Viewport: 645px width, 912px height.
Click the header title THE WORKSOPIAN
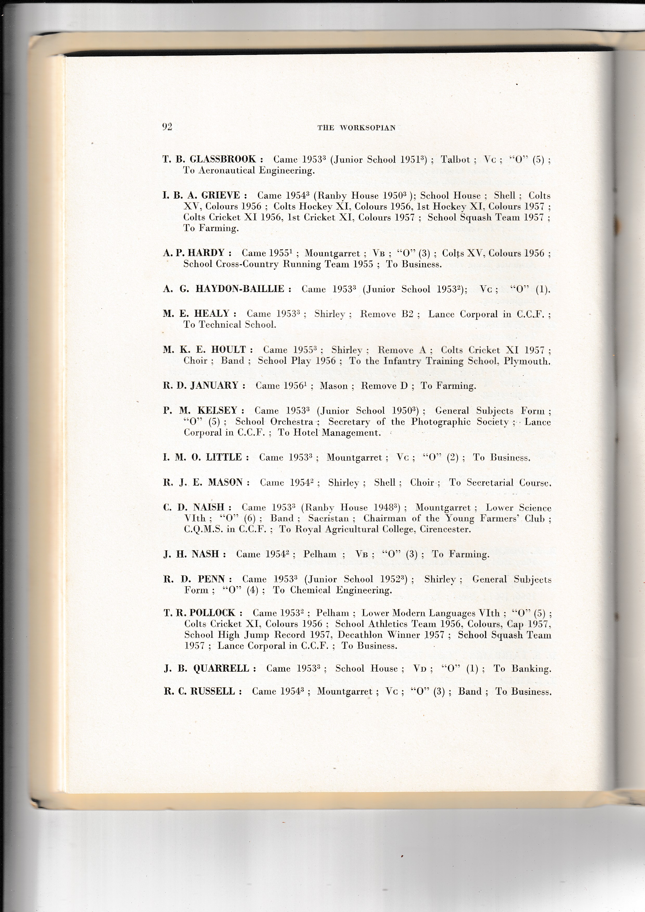point(356,128)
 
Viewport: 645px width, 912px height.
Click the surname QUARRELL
point(221,669)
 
